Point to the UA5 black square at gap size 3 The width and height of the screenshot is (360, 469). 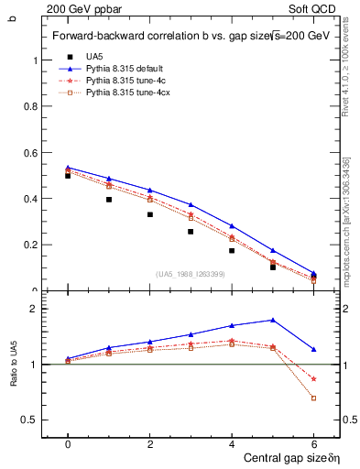point(191,232)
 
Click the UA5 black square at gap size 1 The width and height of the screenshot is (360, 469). point(109,199)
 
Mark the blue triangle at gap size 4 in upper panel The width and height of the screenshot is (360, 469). point(232,225)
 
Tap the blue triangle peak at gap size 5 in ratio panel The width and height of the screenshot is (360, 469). point(273,320)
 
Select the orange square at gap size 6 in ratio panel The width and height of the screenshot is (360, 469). point(313,398)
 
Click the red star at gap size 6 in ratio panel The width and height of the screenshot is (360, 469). point(313,378)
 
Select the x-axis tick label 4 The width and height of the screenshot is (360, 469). point(232,443)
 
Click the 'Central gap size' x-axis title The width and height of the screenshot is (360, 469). point(279,457)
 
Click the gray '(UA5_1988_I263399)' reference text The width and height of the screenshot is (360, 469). point(191,274)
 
